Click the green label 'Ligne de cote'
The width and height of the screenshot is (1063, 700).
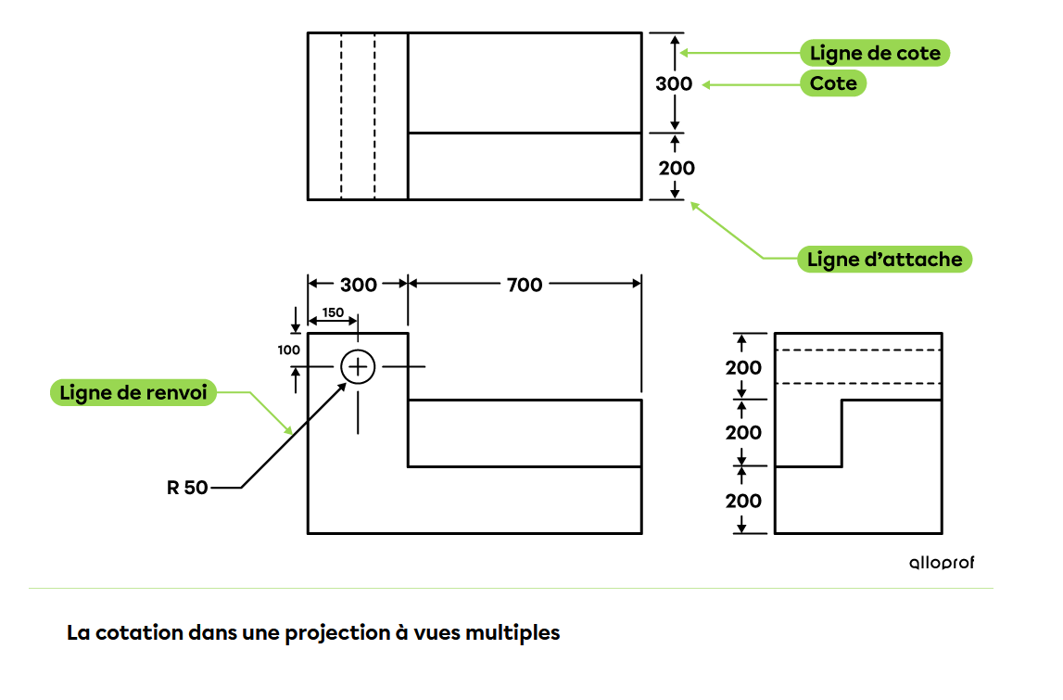(875, 54)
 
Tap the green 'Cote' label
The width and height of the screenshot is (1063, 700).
(833, 83)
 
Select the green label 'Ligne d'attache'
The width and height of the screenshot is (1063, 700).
(884, 259)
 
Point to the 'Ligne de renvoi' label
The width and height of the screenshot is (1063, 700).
(133, 392)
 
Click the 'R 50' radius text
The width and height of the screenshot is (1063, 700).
(187, 487)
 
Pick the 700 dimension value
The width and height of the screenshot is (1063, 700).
(525, 285)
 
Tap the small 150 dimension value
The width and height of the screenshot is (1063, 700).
(333, 312)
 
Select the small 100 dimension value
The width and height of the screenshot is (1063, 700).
(288, 350)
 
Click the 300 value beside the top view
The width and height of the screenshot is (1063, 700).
(674, 83)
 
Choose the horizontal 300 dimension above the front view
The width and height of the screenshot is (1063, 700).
(358, 285)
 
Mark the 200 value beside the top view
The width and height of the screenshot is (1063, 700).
(676, 168)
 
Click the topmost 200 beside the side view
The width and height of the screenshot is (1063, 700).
(743, 367)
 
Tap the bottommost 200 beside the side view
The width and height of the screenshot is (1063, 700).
(743, 501)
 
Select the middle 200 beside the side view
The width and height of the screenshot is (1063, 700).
(743, 432)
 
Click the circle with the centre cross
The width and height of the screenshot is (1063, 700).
(358, 367)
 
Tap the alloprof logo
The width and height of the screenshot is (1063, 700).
(941, 563)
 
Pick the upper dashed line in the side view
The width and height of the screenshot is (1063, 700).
(857, 350)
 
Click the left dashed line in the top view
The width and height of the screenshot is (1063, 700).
(341, 116)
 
